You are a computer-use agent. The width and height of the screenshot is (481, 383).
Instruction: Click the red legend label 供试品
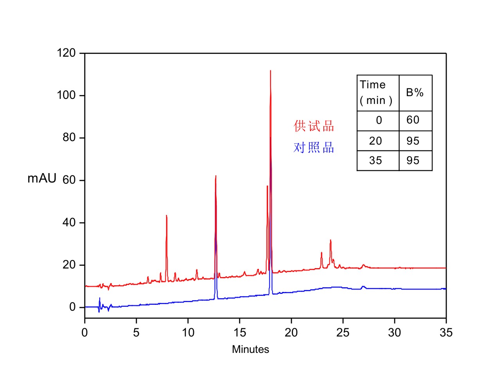tap(314, 126)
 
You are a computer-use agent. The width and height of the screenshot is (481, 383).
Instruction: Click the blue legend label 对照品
tap(314, 148)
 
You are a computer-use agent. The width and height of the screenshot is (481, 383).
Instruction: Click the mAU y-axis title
tap(42, 179)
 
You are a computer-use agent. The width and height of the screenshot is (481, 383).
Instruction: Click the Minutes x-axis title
tap(250, 349)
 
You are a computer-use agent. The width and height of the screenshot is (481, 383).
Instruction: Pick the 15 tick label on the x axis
tap(240, 333)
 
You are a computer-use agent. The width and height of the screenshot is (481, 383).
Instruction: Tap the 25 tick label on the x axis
tap(343, 333)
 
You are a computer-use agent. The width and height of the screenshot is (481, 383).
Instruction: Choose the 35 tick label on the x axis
tap(446, 333)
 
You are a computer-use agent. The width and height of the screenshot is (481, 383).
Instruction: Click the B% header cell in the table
tap(415, 93)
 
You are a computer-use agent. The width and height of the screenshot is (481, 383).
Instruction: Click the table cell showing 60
tap(413, 120)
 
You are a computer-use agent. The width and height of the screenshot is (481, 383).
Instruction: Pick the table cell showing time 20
tap(375, 141)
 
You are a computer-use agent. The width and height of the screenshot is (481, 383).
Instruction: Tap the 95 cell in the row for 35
tap(413, 161)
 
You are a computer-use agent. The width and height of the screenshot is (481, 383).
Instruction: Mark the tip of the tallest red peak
tap(270, 71)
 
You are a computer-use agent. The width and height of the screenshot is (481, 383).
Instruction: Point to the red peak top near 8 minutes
tap(167, 215)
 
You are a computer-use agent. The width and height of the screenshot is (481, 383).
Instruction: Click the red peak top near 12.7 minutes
tap(215, 176)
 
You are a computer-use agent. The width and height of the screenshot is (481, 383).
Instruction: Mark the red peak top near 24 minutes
tap(330, 240)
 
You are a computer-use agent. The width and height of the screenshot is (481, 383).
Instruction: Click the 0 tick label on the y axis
tap(73, 308)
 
